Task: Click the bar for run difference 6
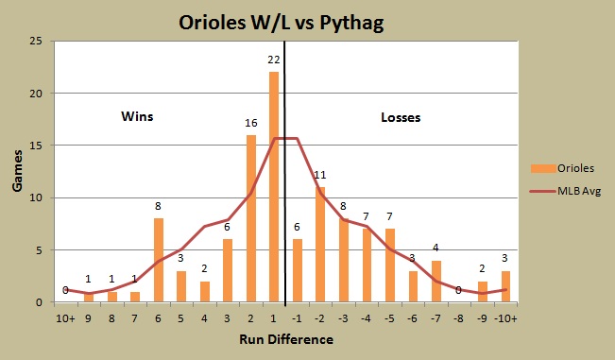(x=159, y=260)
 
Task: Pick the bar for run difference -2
(x=320, y=245)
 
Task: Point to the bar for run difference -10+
(x=505, y=286)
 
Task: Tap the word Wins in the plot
(x=137, y=117)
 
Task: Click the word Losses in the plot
(x=401, y=118)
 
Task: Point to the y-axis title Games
(x=18, y=171)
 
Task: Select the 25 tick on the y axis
(x=37, y=41)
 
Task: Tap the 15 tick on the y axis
(x=37, y=146)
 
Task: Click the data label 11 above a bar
(x=320, y=176)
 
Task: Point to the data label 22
(x=274, y=60)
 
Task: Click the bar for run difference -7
(x=436, y=282)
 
